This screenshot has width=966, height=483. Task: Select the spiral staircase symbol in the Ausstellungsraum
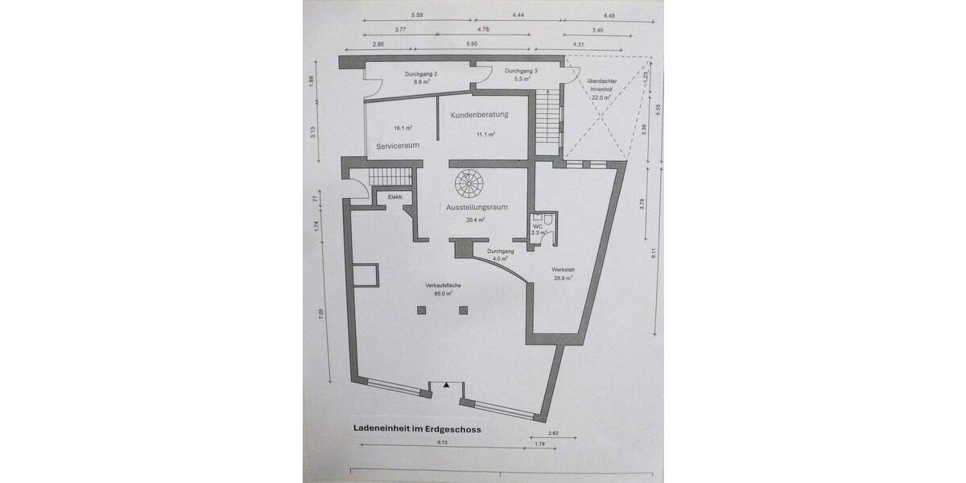point(467,184)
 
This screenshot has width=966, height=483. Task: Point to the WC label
point(537,226)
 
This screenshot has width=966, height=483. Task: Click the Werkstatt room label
point(563,270)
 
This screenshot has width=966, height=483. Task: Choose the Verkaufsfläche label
point(443,287)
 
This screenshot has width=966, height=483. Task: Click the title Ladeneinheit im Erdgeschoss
point(417,430)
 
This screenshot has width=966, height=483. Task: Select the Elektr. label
point(395,197)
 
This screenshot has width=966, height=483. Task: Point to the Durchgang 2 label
point(420,74)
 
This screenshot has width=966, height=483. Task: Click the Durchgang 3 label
point(522,72)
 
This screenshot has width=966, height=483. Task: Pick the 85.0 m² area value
point(443,295)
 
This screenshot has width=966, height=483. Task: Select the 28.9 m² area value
point(563,279)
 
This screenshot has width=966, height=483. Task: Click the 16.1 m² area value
point(403,128)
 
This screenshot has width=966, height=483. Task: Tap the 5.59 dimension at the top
point(417,15)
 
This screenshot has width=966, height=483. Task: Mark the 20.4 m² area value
point(476,219)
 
